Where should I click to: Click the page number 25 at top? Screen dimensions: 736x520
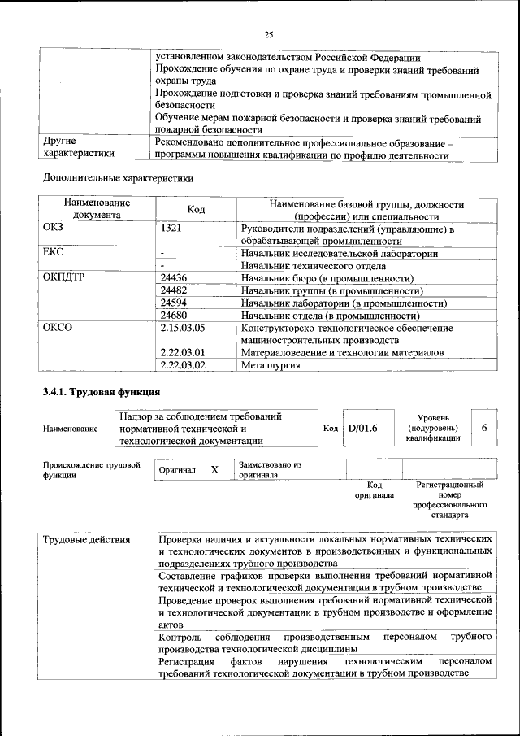[269, 33]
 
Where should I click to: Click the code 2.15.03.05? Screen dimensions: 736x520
[183, 328]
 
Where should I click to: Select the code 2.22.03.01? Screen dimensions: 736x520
[183, 352]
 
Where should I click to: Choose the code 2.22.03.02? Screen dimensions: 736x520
[183, 365]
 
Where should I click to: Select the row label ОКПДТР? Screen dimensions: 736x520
[63, 278]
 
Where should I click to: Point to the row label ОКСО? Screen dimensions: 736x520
[57, 328]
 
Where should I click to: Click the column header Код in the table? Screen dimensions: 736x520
[196, 209]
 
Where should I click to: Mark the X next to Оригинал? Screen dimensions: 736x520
[214, 470]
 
